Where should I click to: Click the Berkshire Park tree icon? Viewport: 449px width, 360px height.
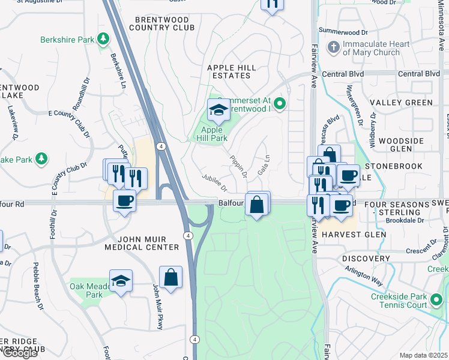click(x=104, y=40)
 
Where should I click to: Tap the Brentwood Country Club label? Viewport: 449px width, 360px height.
click(x=162, y=23)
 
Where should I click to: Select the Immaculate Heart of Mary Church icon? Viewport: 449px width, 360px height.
click(x=333, y=47)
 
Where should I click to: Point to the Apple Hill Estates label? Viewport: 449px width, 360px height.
click(x=232, y=71)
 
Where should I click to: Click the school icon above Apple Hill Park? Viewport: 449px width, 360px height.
click(x=217, y=110)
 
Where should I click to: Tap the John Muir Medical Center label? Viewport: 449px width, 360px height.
click(x=142, y=242)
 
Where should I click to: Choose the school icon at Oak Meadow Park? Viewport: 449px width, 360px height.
click(x=121, y=281)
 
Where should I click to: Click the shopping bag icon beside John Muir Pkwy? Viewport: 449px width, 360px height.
click(x=170, y=278)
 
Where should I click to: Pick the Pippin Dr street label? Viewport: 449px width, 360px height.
click(x=238, y=166)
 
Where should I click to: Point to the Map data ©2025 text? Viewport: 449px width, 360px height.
click(x=423, y=355)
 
